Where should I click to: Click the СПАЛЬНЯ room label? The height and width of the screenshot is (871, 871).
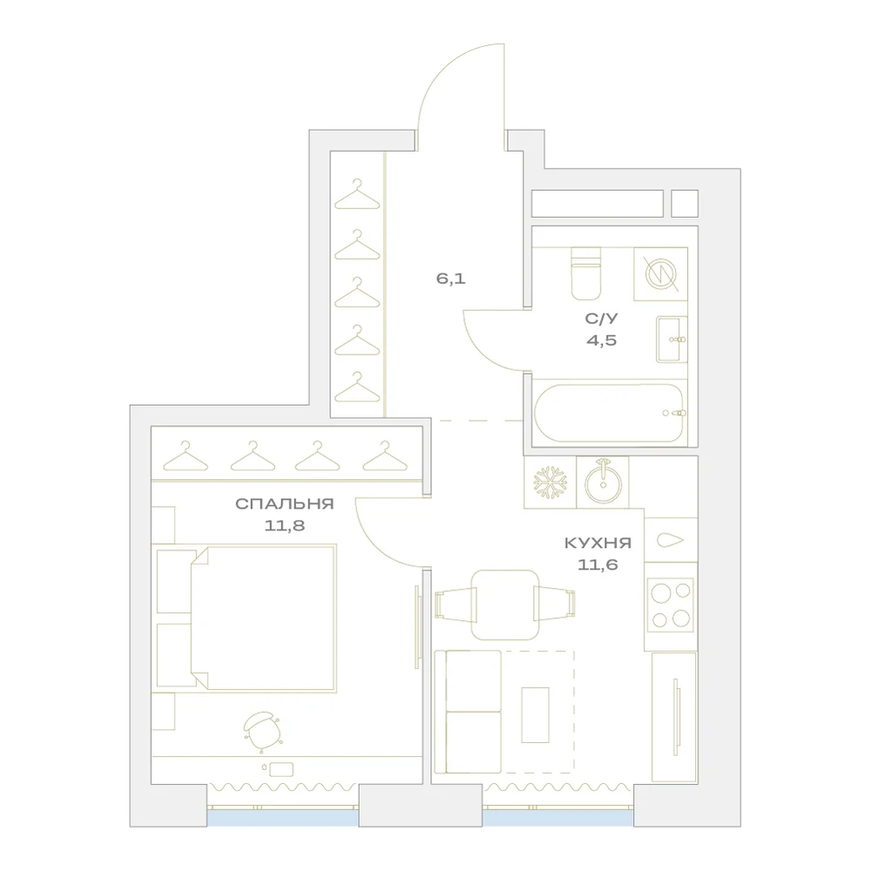(285, 503)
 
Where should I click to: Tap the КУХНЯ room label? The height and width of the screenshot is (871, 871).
(598, 543)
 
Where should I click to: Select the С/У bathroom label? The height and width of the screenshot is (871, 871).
(602, 319)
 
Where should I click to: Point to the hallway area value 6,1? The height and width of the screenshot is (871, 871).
(451, 279)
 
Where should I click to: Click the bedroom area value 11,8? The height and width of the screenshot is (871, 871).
(285, 525)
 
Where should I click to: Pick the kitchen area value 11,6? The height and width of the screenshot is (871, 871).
(598, 565)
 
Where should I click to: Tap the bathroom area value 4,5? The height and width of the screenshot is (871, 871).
(602, 341)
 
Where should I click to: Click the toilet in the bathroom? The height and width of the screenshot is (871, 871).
(586, 273)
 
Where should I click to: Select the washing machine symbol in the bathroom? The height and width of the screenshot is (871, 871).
(660, 273)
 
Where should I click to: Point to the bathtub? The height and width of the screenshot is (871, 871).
(610, 413)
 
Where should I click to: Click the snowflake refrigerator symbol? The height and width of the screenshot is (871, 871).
(550, 482)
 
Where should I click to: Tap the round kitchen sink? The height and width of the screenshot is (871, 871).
(603, 483)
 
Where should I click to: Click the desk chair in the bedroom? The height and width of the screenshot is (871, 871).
(261, 730)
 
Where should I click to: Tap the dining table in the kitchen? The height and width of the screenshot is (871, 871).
(505, 604)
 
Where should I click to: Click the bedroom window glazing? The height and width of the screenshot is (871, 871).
(283, 818)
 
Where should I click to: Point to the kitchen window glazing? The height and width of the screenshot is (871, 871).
(557, 818)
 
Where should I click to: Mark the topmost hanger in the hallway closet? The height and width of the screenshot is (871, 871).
(357, 194)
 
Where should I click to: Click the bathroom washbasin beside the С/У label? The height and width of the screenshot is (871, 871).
(672, 340)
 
